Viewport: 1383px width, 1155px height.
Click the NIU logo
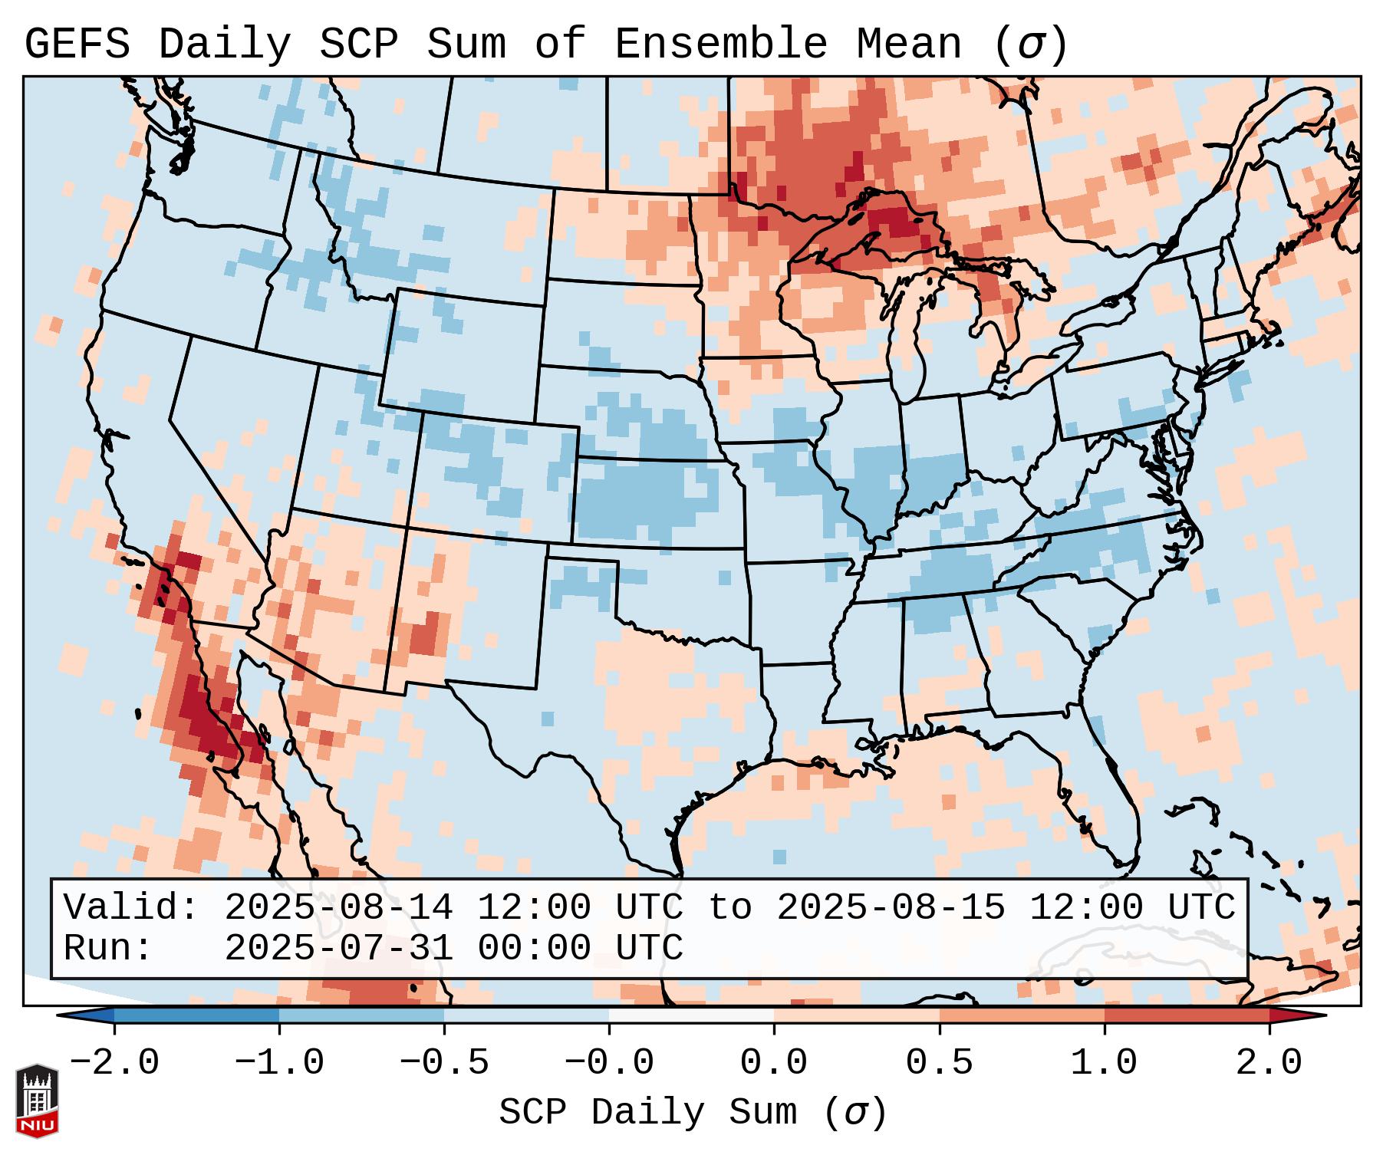click(x=37, y=1101)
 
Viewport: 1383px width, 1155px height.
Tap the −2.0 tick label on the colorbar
click(x=114, y=1063)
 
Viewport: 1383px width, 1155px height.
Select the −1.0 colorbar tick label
click(x=279, y=1063)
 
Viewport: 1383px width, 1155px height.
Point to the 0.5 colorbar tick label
click(x=939, y=1063)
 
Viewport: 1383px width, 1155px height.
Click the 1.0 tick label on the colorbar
click(x=1104, y=1063)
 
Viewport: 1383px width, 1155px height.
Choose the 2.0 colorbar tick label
click(x=1269, y=1063)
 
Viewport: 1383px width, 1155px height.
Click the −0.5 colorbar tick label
click(x=444, y=1063)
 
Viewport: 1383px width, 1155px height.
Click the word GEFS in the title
click(x=77, y=44)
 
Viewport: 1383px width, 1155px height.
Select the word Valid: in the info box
click(x=131, y=908)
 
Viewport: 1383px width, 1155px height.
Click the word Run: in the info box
click(x=108, y=949)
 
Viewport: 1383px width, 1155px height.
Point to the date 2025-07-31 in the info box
click(x=338, y=949)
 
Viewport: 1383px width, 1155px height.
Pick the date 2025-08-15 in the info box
click(x=891, y=908)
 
